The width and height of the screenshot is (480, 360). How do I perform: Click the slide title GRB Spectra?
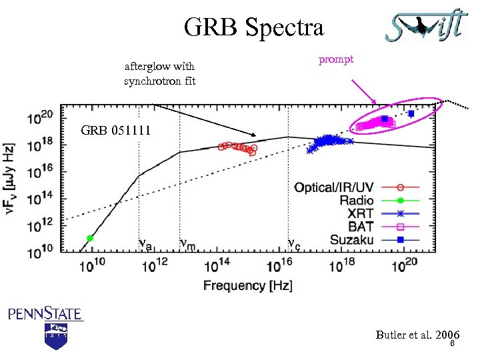(253, 28)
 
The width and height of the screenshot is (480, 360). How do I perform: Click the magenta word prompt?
(335, 59)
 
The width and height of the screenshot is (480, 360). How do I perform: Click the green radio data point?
(90, 238)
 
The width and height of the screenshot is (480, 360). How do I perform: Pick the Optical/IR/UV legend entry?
(334, 187)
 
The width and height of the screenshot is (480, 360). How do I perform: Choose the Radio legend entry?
(356, 200)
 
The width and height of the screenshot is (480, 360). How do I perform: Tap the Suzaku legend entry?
(351, 239)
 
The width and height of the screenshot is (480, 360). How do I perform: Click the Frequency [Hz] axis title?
(248, 285)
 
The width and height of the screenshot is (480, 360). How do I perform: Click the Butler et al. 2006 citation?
(417, 335)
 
